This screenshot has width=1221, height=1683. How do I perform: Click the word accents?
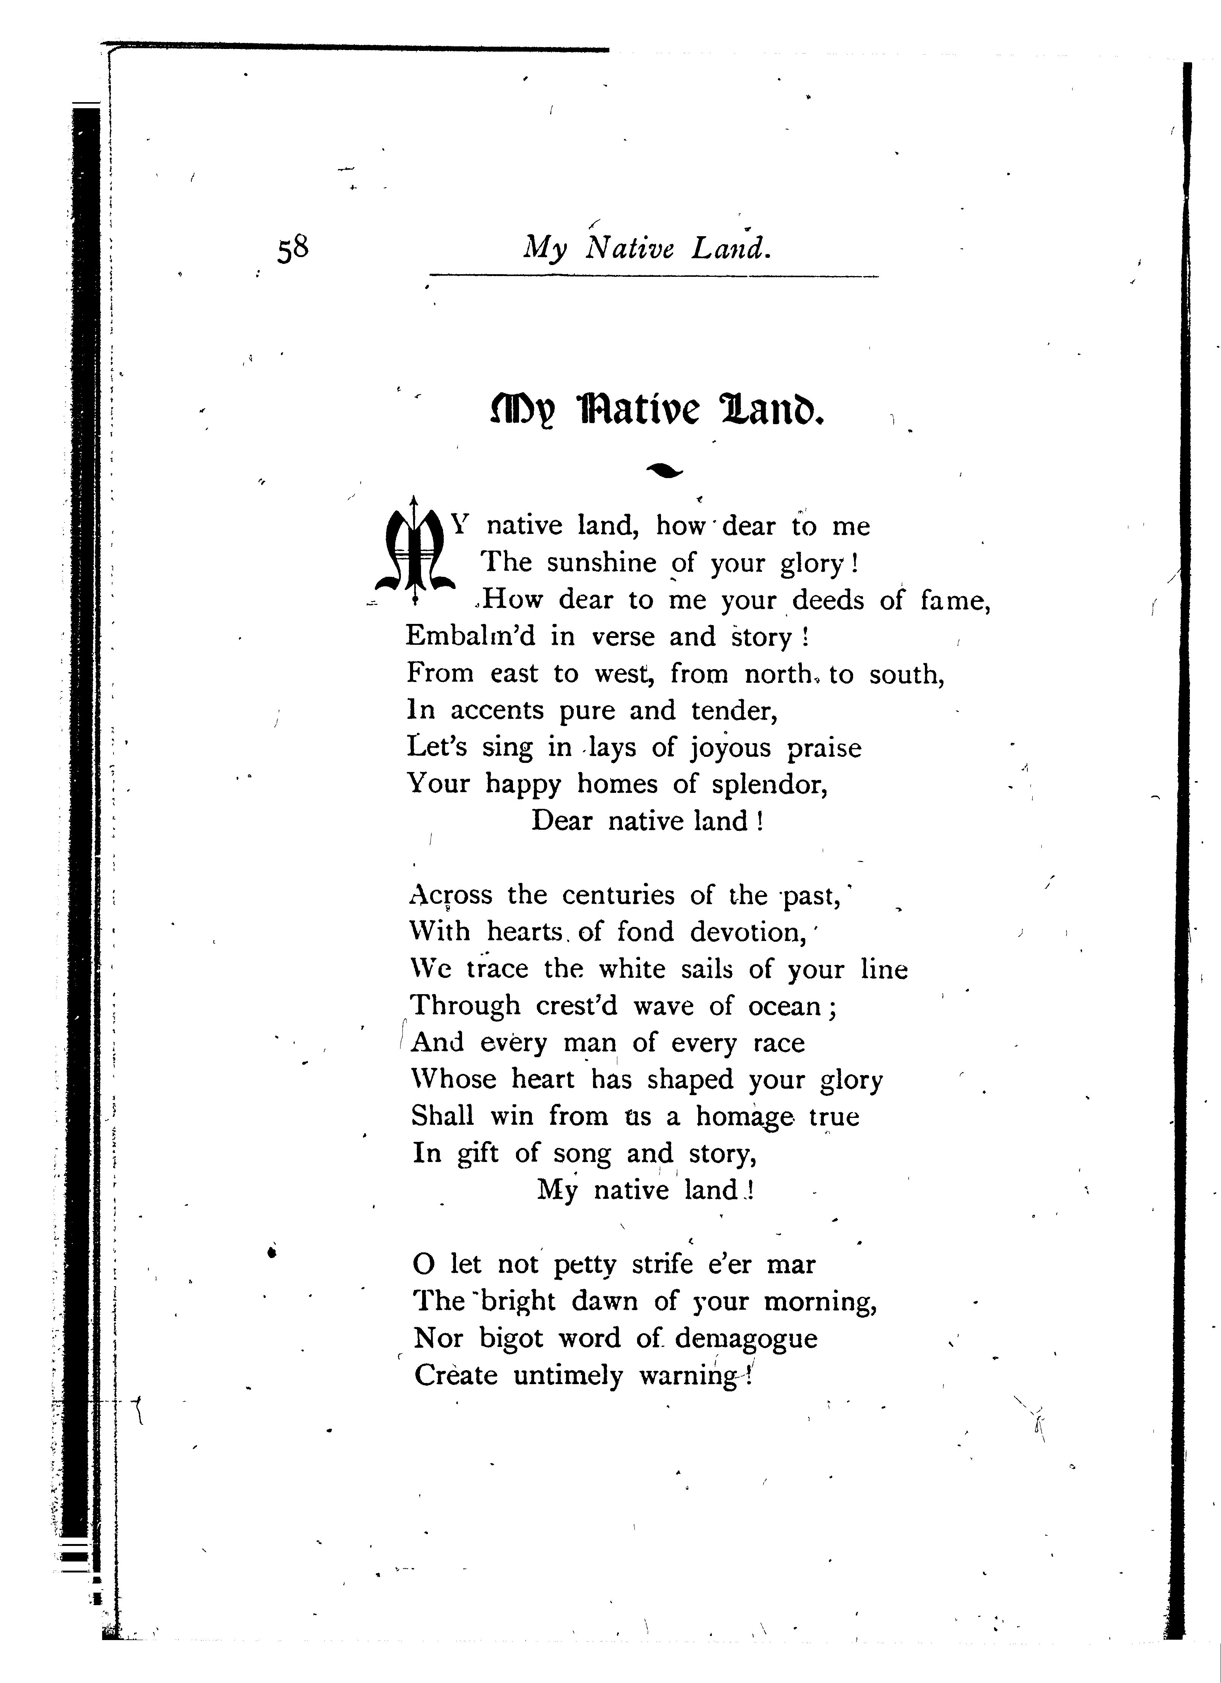(x=496, y=711)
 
